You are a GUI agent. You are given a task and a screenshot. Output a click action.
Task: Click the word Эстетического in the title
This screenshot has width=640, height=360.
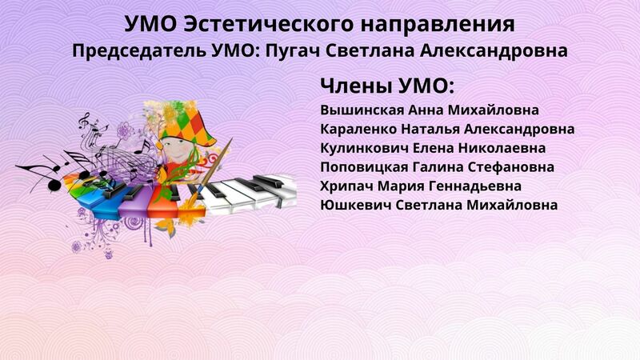tap(268, 24)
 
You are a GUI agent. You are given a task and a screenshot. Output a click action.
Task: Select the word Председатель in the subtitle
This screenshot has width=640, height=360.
tap(138, 51)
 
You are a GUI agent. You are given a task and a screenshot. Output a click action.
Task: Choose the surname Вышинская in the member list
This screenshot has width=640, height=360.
tap(362, 110)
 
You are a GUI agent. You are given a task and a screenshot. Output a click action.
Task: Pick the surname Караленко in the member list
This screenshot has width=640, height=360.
tap(358, 130)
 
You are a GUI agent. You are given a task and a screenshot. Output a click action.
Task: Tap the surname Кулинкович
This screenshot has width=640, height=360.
tap(364, 148)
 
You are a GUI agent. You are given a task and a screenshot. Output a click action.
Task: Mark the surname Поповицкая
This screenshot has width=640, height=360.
tap(364, 167)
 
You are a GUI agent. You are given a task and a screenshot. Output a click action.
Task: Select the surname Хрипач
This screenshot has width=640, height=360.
tap(346, 186)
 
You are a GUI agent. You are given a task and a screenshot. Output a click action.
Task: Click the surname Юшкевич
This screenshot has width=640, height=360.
tap(355, 205)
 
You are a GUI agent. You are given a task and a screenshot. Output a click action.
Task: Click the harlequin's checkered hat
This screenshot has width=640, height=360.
tap(188, 122)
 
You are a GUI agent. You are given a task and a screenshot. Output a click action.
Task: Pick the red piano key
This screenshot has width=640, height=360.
tap(163, 202)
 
